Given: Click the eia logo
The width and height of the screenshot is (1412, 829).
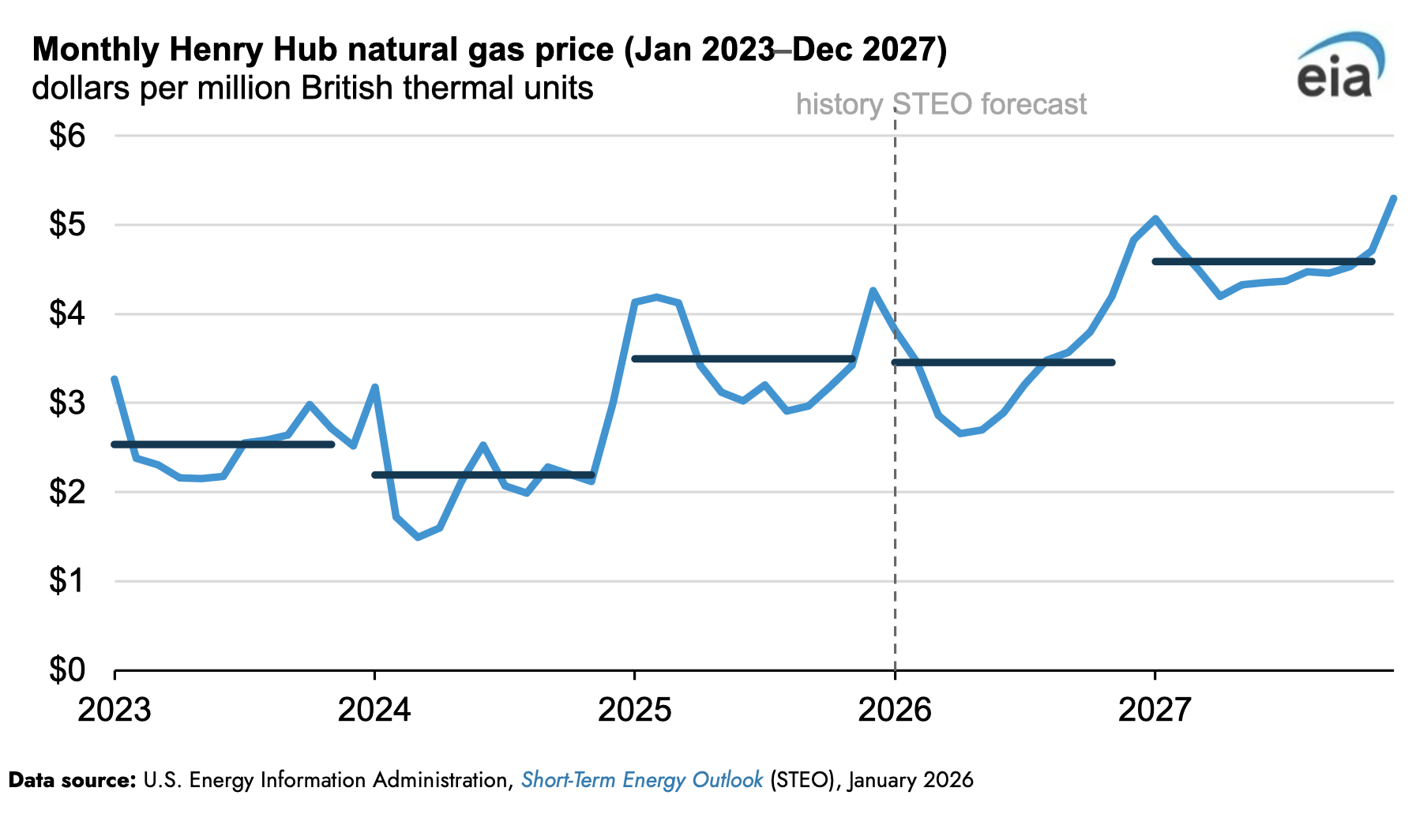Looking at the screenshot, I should click(1339, 68).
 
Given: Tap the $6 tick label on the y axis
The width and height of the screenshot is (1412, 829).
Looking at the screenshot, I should click(67, 136).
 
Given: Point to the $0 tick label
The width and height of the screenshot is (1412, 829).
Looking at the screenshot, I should click(67, 670).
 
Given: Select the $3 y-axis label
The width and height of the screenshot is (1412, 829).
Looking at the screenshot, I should click(67, 403).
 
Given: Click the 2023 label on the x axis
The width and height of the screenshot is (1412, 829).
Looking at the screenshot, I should click(115, 710).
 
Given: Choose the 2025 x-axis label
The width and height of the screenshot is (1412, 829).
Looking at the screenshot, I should click(634, 710).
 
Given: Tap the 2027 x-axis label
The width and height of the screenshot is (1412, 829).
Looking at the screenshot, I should click(1155, 710).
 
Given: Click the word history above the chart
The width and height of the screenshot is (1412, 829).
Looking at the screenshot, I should click(839, 104).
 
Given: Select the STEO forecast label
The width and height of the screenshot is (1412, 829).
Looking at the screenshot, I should click(990, 104).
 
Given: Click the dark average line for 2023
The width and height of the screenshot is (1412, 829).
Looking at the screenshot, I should click(223, 445).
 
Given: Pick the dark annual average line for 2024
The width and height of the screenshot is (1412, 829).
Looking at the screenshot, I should click(483, 475).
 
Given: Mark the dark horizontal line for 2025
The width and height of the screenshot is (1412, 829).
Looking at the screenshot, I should click(743, 359).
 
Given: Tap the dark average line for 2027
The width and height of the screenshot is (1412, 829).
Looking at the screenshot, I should click(1264, 261).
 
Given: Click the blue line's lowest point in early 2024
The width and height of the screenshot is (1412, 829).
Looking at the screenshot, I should click(418, 537).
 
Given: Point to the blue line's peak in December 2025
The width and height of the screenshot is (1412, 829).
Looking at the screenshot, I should click(873, 291).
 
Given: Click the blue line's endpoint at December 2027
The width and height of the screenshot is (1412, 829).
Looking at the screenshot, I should click(1394, 198).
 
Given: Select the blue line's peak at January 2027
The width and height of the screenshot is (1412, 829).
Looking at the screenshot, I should click(1155, 218).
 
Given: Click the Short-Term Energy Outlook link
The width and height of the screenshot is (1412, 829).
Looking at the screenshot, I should click(641, 780).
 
